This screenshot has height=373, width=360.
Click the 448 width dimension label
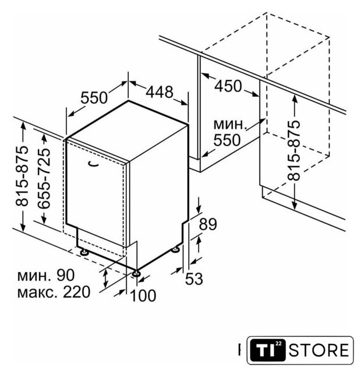coord(159,92)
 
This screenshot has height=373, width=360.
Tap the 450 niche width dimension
coord(228,86)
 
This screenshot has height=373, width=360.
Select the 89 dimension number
coord(208,224)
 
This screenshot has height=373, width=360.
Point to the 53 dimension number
coord(194,279)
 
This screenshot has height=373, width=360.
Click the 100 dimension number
coord(143,295)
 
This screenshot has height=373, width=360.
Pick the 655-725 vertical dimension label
coord(44,179)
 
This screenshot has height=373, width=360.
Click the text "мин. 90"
coord(46,275)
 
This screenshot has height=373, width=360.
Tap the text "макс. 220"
coord(54,292)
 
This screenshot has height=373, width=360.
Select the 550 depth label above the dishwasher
coord(94,97)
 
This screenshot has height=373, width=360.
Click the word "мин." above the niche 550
coord(230,124)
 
